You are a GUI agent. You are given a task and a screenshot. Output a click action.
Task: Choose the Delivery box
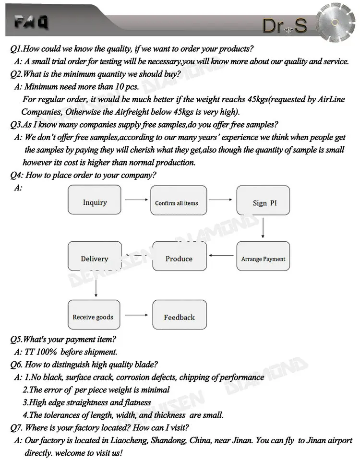click(95, 258)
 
